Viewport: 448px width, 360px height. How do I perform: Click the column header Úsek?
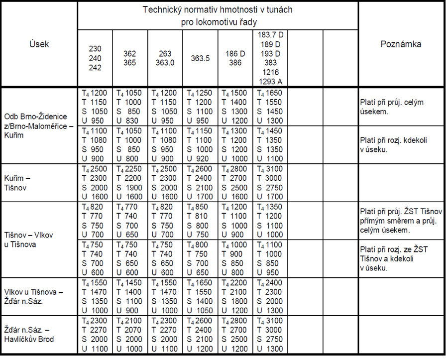click(39, 44)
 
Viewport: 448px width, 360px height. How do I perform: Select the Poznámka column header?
click(401, 44)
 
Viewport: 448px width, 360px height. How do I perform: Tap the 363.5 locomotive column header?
click(200, 58)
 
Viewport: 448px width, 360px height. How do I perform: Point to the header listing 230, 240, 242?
click(95, 58)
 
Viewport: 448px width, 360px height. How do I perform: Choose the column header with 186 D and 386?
click(235, 58)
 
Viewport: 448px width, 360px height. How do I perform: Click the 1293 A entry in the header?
click(270, 82)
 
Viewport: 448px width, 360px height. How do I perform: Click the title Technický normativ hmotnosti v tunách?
click(218, 9)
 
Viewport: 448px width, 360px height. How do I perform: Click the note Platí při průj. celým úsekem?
click(391, 107)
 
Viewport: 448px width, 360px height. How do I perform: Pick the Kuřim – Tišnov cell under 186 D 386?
click(235, 183)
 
